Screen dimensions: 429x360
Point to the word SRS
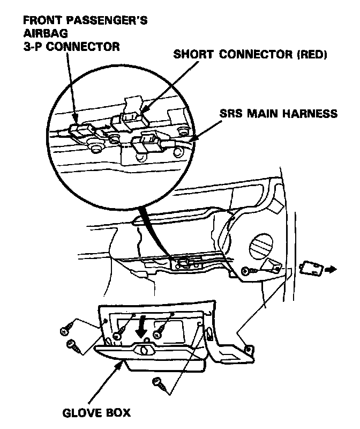(231, 114)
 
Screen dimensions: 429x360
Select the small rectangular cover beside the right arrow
(311, 268)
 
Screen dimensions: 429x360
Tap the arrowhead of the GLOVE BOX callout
(122, 366)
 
